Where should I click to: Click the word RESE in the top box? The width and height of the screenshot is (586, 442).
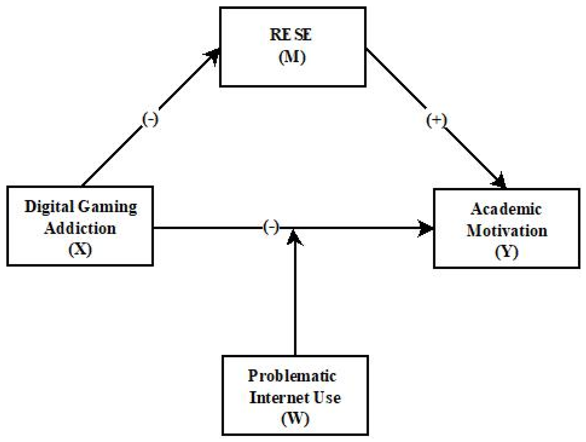[x=291, y=35]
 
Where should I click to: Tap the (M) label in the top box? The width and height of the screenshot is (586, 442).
[x=292, y=57]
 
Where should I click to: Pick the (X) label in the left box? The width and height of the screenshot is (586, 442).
[x=80, y=249]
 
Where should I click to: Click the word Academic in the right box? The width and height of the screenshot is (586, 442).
[x=506, y=209]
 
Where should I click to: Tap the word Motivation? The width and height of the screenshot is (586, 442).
[x=507, y=231]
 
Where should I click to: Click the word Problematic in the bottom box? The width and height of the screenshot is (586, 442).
[x=292, y=376]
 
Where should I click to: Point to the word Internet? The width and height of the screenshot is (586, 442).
[x=276, y=398]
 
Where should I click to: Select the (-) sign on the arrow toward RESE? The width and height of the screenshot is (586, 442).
[x=150, y=120]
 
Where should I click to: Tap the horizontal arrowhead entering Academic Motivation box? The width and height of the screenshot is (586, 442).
[x=426, y=228]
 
